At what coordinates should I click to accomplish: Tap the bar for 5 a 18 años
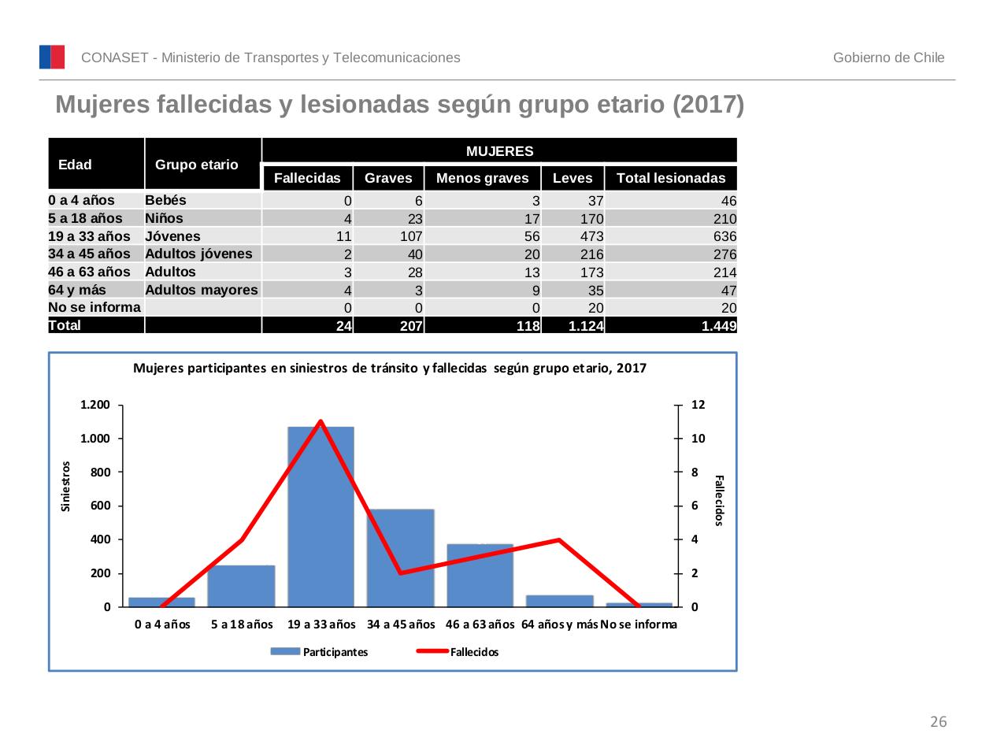coord(241,587)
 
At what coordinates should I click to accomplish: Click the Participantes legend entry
coord(319,652)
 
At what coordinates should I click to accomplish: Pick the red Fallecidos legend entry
coord(458,652)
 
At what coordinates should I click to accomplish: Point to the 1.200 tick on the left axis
coord(95,405)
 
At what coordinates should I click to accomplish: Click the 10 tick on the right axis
coord(698,439)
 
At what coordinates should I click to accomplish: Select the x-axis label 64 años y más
coord(559,624)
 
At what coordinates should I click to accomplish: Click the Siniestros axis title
coord(66,487)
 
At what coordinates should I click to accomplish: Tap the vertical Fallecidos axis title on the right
coord(718,500)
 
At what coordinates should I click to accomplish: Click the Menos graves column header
coord(482,178)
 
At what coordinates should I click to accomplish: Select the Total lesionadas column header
coord(671,178)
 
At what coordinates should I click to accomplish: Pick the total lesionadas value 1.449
coord(718,326)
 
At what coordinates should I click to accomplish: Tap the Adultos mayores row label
coord(202,290)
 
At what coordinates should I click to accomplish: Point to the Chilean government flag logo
coord(52,57)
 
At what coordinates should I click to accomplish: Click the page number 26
coord(939,722)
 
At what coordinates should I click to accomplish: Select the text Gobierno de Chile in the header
coord(888,57)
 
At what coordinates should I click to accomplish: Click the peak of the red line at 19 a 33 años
coord(321,421)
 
